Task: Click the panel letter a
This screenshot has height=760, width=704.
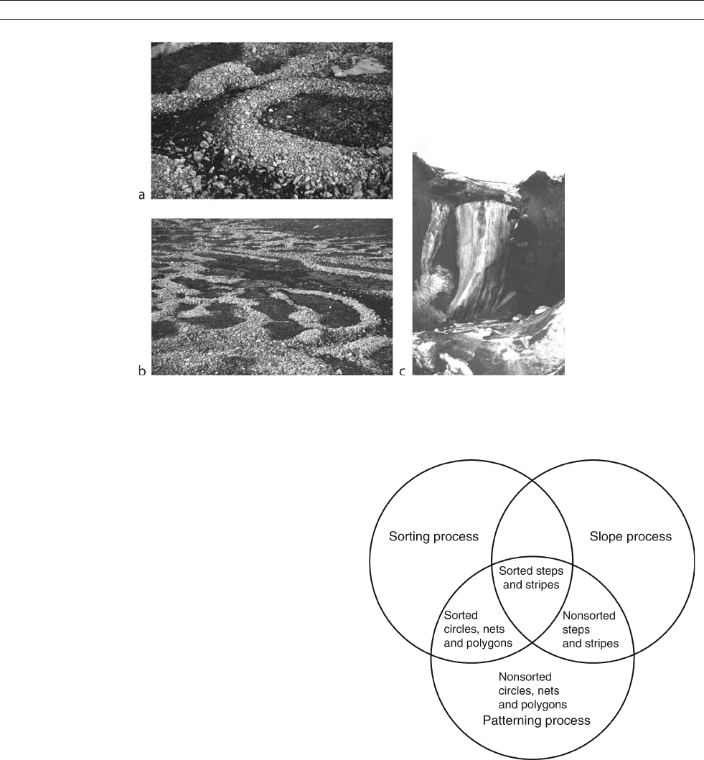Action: pyautogui.click(x=141, y=195)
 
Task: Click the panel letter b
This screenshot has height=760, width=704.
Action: pyautogui.click(x=142, y=371)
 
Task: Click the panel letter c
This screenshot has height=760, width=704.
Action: pyautogui.click(x=403, y=372)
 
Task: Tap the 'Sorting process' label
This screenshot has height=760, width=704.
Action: pyautogui.click(x=433, y=537)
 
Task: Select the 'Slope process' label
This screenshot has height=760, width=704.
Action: pyautogui.click(x=630, y=537)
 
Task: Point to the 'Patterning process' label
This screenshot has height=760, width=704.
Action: pyautogui.click(x=536, y=721)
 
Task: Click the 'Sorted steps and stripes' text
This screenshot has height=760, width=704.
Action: pyautogui.click(x=531, y=578)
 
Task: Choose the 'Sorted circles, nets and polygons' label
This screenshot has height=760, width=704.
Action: pyautogui.click(x=478, y=629)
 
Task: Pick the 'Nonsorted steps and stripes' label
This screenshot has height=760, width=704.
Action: pyautogui.click(x=591, y=629)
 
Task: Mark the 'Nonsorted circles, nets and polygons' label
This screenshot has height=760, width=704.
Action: pyautogui.click(x=532, y=690)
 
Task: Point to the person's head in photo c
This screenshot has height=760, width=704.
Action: pyautogui.click(x=514, y=215)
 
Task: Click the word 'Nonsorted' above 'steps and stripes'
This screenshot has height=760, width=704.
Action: pyautogui.click(x=588, y=616)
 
